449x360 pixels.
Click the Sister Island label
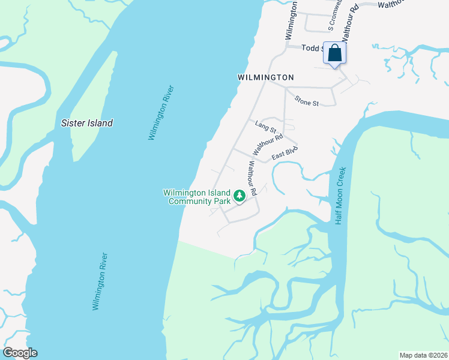(x=87, y=123)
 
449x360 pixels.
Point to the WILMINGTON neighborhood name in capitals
(x=265, y=77)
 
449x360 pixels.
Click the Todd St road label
(x=312, y=48)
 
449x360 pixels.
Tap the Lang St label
(x=265, y=127)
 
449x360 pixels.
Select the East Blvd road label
(x=285, y=153)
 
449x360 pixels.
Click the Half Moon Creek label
(x=340, y=195)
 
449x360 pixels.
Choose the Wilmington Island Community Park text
(x=197, y=197)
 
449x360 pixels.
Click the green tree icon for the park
(x=240, y=196)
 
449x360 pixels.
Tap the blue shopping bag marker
(x=334, y=53)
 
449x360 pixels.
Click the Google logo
(x=20, y=353)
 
